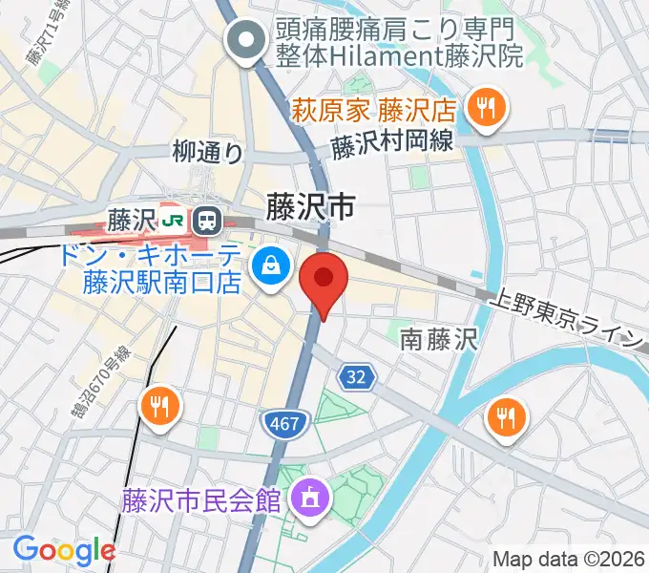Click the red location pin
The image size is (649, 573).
(x=324, y=280)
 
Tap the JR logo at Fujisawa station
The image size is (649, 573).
(x=174, y=221)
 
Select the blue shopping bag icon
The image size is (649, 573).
(x=271, y=265)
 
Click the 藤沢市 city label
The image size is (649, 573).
(x=310, y=206)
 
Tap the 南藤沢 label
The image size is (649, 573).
(x=437, y=337)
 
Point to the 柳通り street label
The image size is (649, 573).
(x=208, y=151)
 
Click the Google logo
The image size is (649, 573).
(x=64, y=549)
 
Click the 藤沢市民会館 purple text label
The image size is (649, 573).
(x=200, y=499)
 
